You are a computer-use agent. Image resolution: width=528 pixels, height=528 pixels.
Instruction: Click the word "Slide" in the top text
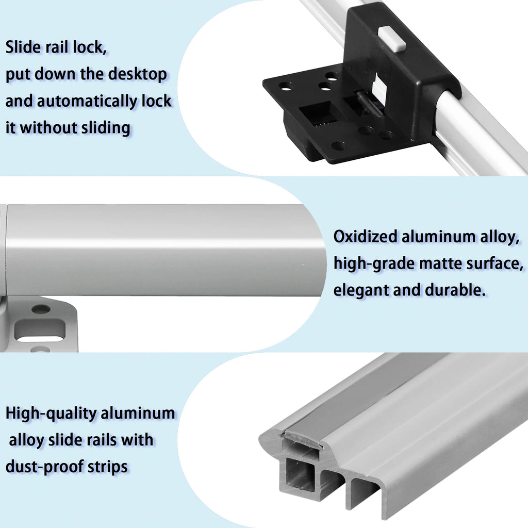click(x=23, y=47)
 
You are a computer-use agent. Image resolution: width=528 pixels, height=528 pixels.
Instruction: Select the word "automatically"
click(x=87, y=101)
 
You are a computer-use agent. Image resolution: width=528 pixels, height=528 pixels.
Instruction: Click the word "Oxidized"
click(x=366, y=236)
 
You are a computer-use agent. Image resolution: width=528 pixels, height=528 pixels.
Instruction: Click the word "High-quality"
click(x=51, y=413)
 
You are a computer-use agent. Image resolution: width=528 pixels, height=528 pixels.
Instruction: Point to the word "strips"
click(x=108, y=467)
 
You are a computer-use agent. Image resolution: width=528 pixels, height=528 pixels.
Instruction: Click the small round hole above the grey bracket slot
click(x=41, y=308)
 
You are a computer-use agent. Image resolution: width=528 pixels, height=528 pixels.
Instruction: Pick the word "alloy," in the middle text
click(x=500, y=236)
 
